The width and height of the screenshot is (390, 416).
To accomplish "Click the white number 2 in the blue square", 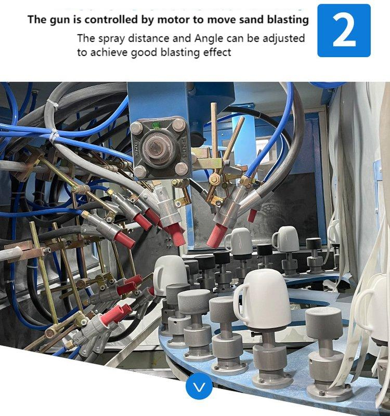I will point(344,31).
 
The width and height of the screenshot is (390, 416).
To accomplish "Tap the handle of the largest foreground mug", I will point(240,302).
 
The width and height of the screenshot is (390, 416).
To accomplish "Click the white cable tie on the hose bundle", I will point(54,137).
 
